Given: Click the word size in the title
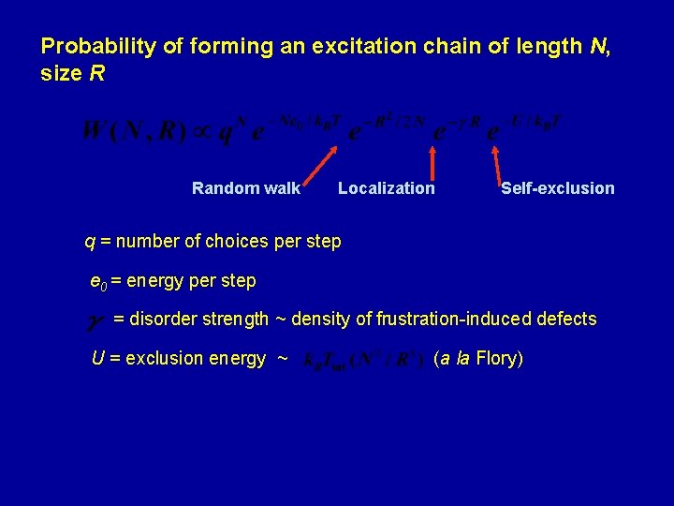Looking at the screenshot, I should tap(62, 73).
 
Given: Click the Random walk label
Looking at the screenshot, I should tap(246, 188).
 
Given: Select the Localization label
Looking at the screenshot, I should tap(386, 188).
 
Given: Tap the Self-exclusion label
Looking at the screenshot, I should tap(557, 188).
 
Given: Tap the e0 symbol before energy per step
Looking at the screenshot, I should tap(96, 281).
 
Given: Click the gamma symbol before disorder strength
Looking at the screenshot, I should tap(95, 321).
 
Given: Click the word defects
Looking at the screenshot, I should tap(564, 320).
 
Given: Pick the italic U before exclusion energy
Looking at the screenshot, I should tap(97, 358).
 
